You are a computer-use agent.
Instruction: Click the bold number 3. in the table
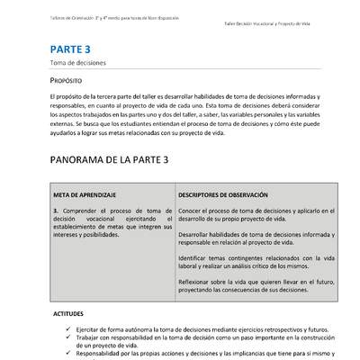coord(56,210)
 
